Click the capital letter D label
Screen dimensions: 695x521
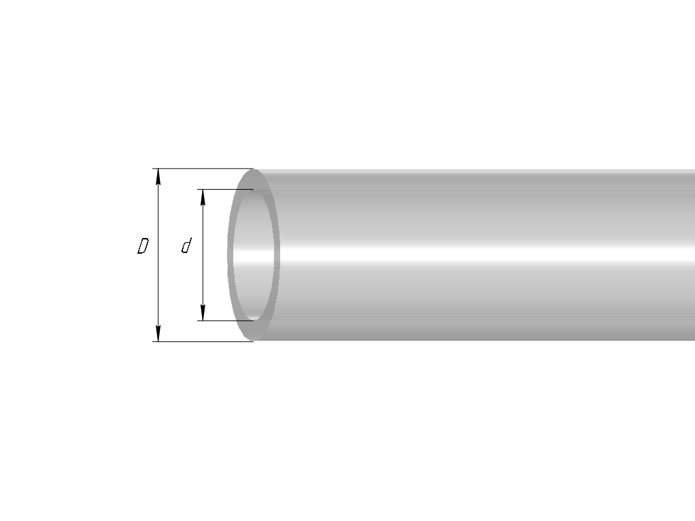point(143,246)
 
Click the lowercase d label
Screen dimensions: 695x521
point(186,246)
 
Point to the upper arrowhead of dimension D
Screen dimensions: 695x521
point(158,176)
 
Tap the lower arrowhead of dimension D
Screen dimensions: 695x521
point(158,334)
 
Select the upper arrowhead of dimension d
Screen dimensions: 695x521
point(203,198)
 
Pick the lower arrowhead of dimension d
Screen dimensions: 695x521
point(203,313)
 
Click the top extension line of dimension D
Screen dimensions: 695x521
point(203,169)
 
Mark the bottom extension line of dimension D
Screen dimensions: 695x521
point(203,342)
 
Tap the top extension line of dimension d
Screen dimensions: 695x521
point(226,189)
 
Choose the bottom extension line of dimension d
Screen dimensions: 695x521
point(226,320)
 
